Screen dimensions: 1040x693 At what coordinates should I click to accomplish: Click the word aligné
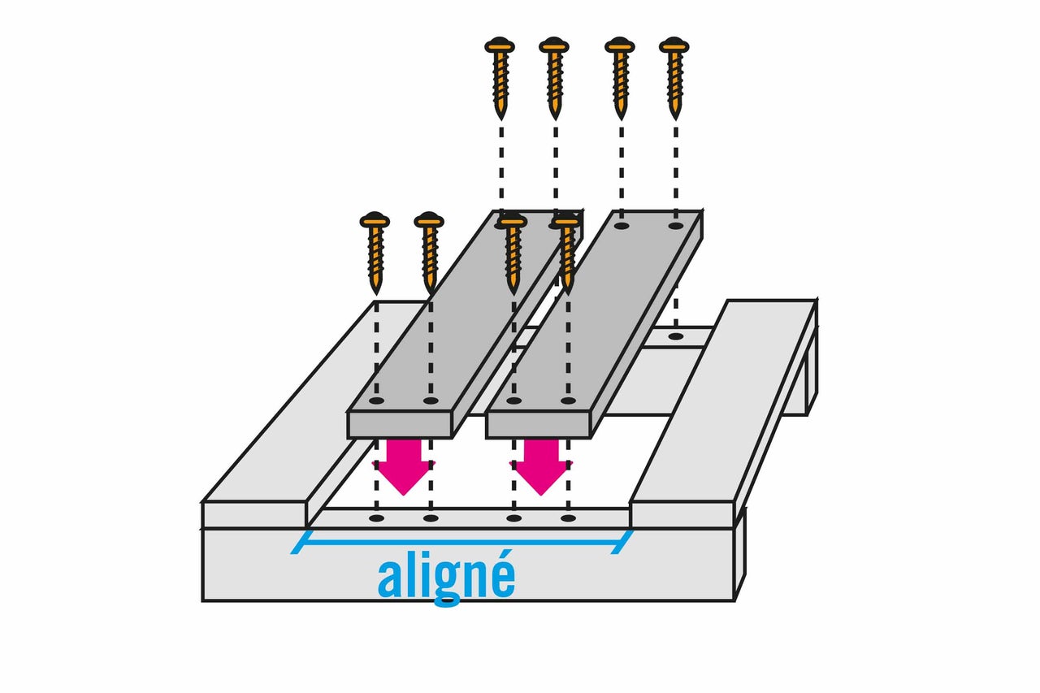[446, 578]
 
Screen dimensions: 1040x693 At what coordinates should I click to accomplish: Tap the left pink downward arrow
[404, 467]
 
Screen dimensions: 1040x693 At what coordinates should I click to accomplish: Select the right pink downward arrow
[541, 467]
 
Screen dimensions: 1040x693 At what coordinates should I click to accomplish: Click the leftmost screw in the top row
[500, 78]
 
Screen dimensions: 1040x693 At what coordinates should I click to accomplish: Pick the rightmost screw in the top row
[674, 78]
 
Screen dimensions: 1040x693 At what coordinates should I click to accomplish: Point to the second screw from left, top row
[554, 78]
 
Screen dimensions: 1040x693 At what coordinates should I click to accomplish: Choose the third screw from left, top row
[620, 78]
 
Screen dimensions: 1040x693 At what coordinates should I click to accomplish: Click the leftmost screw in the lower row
[375, 253]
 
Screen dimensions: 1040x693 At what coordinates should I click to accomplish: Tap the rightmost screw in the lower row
[567, 253]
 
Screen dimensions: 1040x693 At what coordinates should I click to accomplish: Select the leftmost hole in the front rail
[376, 518]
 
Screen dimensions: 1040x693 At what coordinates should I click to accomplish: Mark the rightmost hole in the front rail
[568, 518]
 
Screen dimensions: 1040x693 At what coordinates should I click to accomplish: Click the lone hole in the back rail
[676, 336]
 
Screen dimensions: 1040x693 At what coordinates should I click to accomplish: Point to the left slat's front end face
[399, 425]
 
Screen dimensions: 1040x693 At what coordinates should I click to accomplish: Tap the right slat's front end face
[538, 425]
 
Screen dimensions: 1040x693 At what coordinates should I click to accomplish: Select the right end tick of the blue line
[622, 542]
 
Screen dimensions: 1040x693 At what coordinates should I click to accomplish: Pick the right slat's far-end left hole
[622, 226]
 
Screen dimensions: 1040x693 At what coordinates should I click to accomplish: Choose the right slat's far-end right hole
[676, 226]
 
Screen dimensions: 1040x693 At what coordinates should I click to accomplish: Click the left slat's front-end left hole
[376, 401]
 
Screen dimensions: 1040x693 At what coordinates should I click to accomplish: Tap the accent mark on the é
[506, 555]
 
